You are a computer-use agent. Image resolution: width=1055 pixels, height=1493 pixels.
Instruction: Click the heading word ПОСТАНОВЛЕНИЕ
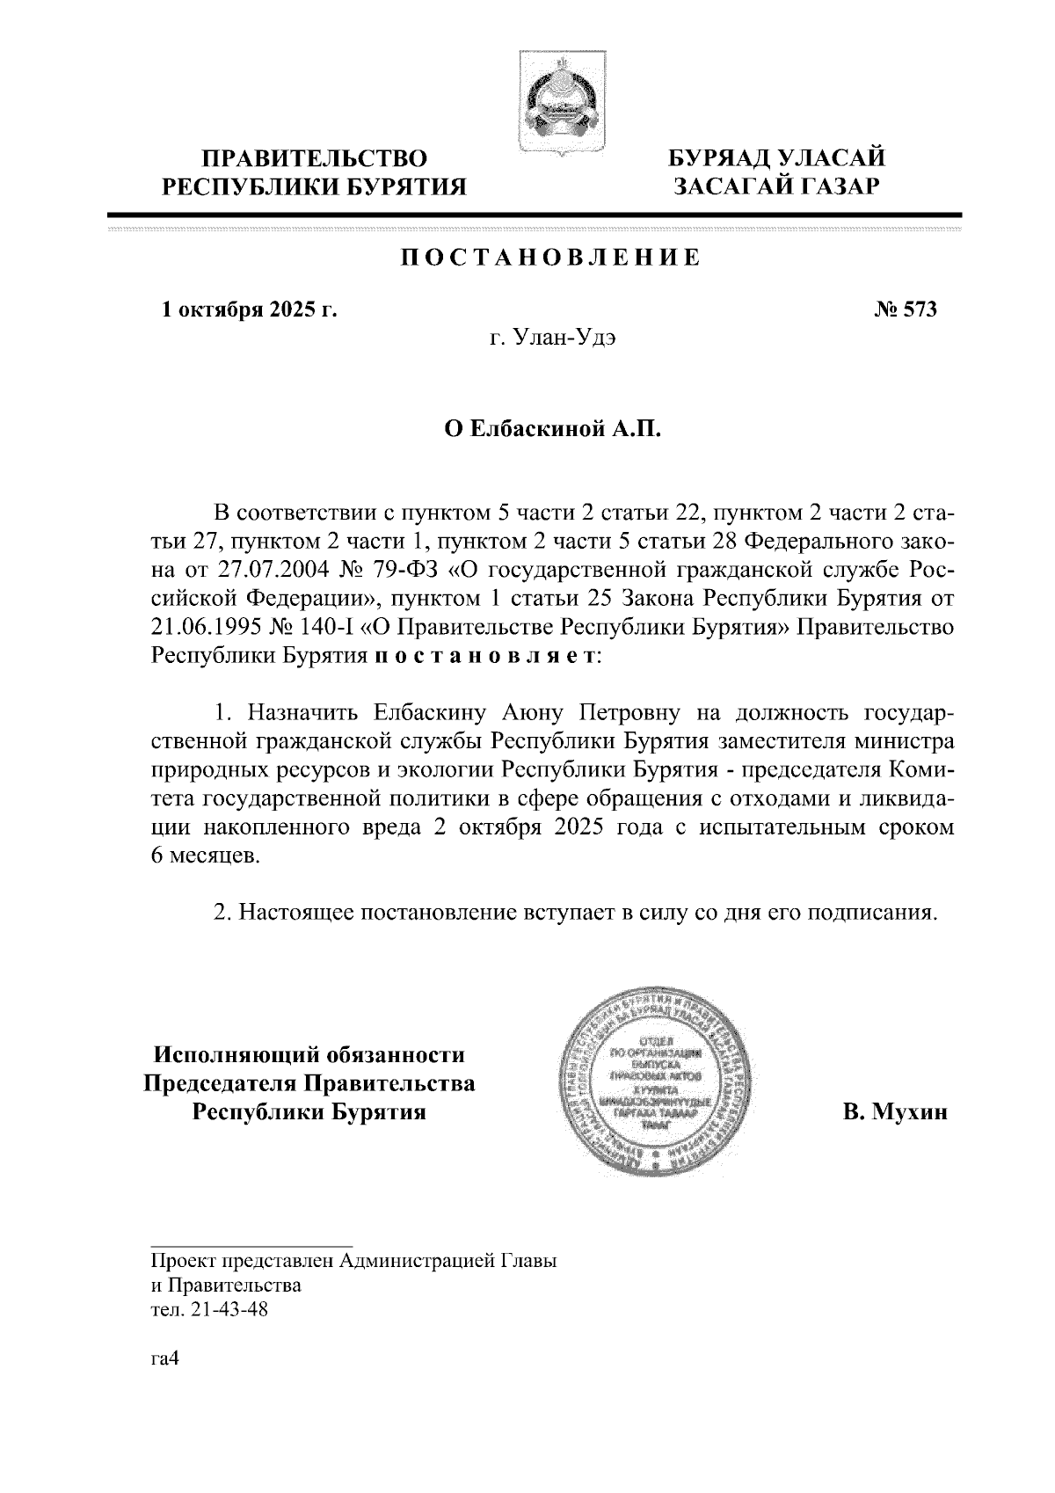point(551,258)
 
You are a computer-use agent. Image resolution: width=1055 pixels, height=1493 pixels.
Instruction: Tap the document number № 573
point(906,310)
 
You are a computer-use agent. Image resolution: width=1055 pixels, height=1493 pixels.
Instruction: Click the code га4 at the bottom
point(165,1358)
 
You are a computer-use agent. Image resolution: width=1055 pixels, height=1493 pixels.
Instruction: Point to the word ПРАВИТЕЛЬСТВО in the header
point(316,159)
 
